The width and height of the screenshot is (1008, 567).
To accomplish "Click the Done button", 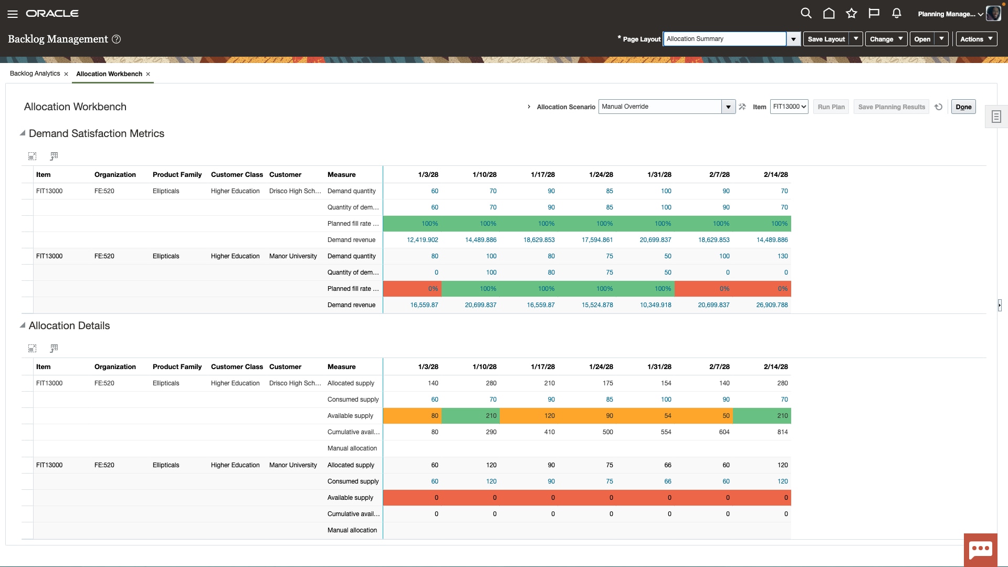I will pos(963,107).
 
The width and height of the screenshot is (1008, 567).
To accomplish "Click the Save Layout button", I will pos(826,39).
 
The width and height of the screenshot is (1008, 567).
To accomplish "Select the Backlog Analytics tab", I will pos(35,73).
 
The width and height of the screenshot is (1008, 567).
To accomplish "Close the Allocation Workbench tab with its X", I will pos(148,74).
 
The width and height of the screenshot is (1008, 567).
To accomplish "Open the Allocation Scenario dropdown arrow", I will pos(728,107).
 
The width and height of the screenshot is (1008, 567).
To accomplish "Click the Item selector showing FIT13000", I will pos(789,107).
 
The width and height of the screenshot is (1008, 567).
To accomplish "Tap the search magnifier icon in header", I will pos(806,13).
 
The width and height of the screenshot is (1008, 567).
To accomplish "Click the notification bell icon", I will pos(896,13).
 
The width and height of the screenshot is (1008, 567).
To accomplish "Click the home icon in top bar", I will pos(828,13).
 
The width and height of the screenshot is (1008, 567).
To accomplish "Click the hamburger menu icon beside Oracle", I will pos(13,14).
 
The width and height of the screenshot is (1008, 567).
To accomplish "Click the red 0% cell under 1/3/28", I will pos(412,289).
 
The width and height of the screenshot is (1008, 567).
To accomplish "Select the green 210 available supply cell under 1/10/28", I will pos(470,416).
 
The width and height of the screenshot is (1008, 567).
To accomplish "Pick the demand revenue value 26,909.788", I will pos(771,305).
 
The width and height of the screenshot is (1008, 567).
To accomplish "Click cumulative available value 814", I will pos(782,432).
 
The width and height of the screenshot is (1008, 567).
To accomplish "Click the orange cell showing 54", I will pos(645,416).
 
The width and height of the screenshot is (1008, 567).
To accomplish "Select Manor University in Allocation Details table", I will pos(293,465).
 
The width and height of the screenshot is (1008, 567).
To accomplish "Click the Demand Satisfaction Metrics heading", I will pos(97,133).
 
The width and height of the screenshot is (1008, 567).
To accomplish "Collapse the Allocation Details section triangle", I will pos(23,325).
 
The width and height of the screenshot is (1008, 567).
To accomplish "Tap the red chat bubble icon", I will pos(980,550).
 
